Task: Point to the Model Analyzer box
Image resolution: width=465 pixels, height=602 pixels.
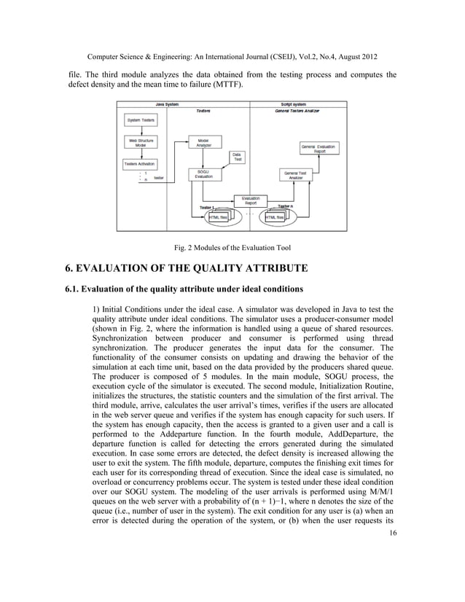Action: click(x=204, y=143)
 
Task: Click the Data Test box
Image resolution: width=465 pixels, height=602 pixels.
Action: click(x=238, y=157)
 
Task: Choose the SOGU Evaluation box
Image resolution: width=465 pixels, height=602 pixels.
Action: click(x=204, y=175)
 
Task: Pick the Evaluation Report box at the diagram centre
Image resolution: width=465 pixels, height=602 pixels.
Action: click(x=250, y=200)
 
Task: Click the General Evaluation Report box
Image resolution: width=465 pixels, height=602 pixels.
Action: click(x=319, y=149)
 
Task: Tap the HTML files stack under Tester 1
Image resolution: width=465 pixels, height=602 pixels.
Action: click(x=218, y=217)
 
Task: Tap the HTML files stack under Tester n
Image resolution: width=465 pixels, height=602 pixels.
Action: click(x=275, y=217)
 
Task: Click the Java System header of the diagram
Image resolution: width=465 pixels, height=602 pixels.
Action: click(x=167, y=104)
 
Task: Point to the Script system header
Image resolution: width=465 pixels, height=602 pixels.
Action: click(x=293, y=104)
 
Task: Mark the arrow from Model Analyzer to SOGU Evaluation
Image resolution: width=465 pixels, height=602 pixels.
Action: click(x=204, y=159)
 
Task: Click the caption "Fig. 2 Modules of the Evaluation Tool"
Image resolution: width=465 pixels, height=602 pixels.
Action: click(x=232, y=247)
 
